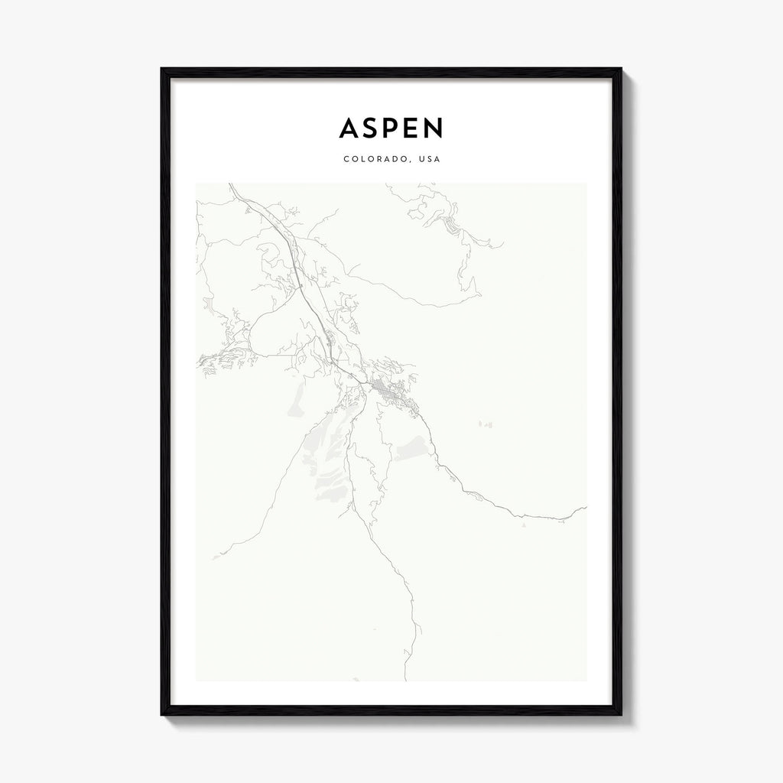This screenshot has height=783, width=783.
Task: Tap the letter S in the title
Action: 372,128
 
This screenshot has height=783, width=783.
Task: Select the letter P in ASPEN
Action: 393,128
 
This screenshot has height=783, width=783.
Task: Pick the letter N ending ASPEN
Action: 434,128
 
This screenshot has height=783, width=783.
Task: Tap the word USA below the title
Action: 428,160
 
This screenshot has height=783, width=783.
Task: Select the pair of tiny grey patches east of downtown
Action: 486,424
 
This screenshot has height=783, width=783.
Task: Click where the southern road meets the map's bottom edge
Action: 406,680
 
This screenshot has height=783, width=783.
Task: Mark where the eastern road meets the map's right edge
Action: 586,506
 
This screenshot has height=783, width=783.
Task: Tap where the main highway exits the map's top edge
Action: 230,184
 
